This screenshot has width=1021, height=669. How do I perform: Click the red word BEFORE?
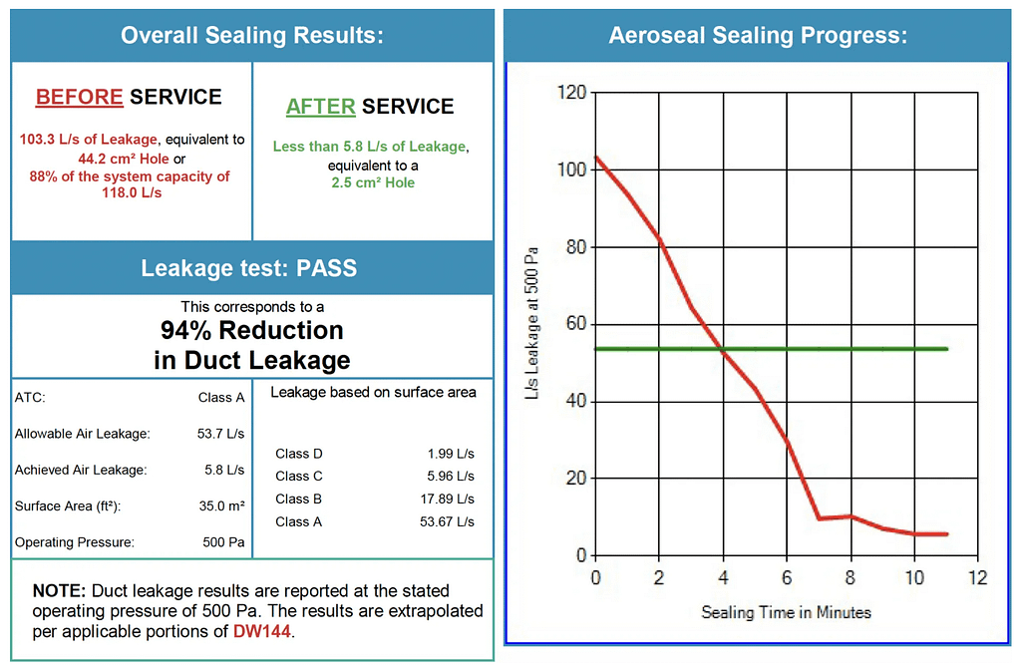point(79,97)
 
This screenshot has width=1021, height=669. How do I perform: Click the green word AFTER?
point(320,107)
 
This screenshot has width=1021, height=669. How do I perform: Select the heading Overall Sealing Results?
point(252,36)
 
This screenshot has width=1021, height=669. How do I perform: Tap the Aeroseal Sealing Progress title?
point(758,36)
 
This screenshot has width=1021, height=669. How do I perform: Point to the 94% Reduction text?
point(252,330)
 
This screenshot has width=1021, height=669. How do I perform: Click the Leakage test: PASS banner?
point(248,268)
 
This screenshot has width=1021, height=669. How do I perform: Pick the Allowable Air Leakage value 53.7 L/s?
point(220,434)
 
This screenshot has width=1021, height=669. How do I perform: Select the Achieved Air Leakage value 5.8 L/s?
point(224,470)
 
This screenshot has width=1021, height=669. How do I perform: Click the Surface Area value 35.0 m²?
point(221,506)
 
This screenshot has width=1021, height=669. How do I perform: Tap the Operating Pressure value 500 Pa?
point(223,543)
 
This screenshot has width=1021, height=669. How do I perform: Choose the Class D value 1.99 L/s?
point(451,454)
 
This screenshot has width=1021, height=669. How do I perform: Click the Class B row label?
point(299,500)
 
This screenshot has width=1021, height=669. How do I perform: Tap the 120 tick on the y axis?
point(571,93)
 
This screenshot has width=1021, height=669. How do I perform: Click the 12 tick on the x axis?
point(979,577)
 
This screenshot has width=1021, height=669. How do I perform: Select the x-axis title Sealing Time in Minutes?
point(786,612)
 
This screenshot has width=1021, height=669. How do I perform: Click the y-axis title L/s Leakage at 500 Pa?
point(533,325)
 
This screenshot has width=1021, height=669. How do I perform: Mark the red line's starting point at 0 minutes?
point(596,157)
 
